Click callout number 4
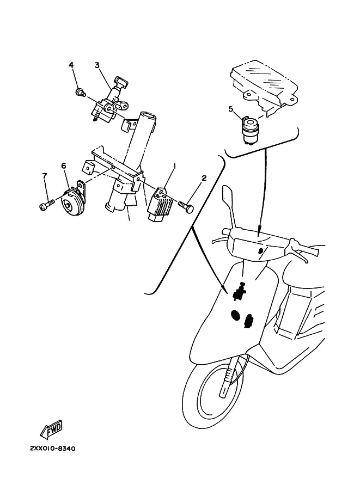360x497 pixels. (x=71, y=65)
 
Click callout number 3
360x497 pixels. (x=97, y=65)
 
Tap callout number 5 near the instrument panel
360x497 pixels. (x=230, y=109)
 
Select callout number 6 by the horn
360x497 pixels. (x=64, y=166)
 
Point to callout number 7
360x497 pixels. (x=45, y=176)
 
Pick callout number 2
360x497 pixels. (x=204, y=178)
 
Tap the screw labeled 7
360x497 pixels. (x=47, y=204)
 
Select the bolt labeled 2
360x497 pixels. (x=186, y=206)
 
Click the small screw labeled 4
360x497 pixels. (x=81, y=93)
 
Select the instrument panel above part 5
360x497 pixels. (x=263, y=85)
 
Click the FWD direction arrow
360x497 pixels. (x=51, y=430)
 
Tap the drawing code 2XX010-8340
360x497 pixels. (x=53, y=449)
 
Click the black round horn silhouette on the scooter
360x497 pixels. (x=236, y=315)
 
